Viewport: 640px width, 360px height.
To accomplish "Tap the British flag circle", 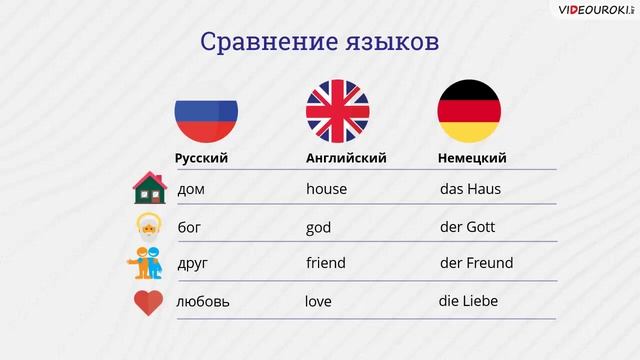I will [337, 110].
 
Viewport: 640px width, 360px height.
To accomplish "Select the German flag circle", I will [469, 110].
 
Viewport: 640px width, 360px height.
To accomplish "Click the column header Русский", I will [201, 158].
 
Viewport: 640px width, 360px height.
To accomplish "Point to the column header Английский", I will [346, 158].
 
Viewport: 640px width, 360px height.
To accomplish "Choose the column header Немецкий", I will [472, 158].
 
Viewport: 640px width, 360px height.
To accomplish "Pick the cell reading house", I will [326, 188].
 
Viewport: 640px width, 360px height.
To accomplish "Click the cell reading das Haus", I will [470, 188].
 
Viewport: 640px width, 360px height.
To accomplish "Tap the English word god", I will [318, 227].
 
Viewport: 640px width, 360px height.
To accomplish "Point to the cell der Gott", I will [467, 227].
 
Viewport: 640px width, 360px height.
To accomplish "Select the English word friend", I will [325, 263].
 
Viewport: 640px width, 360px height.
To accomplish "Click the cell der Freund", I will [476, 263].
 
